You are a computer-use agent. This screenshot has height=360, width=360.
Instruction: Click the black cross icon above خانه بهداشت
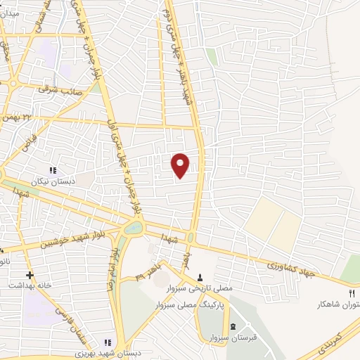click(29, 275)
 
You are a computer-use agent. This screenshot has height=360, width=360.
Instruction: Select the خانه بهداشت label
click(26, 286)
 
